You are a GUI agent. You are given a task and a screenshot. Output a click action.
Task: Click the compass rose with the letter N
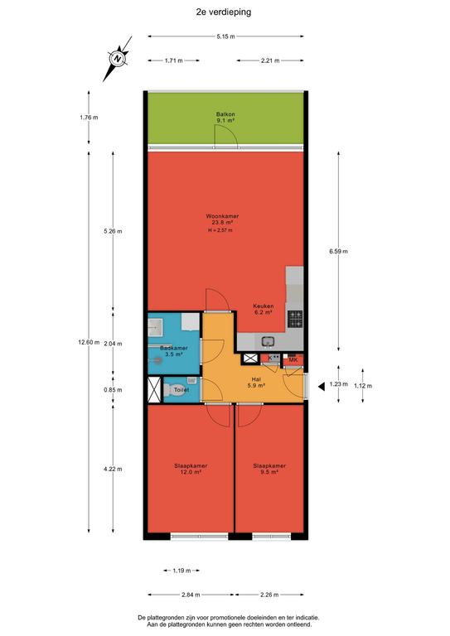[118, 59]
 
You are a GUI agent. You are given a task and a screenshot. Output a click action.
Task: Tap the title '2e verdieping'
[224, 12]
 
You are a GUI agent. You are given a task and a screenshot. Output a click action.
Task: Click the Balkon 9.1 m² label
[225, 118]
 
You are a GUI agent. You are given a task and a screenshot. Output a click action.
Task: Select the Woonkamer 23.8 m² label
[222, 219]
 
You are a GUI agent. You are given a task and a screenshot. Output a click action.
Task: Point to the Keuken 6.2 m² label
[263, 309]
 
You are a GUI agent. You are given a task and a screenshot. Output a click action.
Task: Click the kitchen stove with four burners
[295, 319]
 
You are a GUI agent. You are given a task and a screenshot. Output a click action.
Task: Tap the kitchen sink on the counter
[268, 342]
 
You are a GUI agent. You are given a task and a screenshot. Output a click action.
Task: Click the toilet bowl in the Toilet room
[171, 389]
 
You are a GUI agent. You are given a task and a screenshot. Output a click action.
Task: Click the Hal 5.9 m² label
[256, 383]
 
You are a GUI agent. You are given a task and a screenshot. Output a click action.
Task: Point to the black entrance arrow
[322, 387]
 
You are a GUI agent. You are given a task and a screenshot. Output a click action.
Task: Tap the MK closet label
[293, 359]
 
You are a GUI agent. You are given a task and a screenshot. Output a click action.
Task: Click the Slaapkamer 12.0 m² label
[191, 469]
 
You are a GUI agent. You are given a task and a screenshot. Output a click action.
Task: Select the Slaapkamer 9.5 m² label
[269, 469]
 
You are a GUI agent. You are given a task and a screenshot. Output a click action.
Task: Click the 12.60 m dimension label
[89, 342]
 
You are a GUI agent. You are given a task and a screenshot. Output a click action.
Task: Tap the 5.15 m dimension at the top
[225, 36]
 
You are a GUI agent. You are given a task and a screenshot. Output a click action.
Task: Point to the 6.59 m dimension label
[338, 251]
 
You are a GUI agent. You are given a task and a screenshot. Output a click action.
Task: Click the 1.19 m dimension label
[181, 571]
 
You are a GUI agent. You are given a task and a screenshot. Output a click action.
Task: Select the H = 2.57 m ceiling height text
[220, 230]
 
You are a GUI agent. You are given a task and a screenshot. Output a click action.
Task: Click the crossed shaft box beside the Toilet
[154, 389]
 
